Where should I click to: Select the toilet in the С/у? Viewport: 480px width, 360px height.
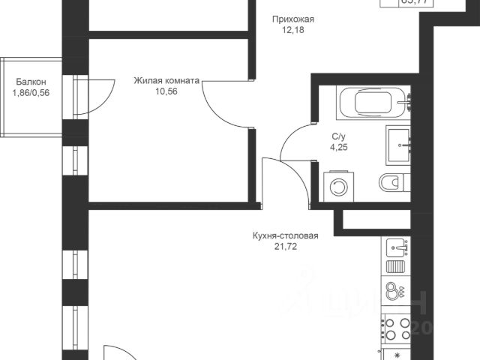click(x=392, y=182)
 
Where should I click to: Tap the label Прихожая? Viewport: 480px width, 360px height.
click(x=292, y=19)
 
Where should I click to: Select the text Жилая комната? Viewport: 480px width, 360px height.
click(x=166, y=81)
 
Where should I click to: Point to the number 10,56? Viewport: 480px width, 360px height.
click(x=166, y=92)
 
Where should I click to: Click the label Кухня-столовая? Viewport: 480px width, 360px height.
click(x=286, y=235)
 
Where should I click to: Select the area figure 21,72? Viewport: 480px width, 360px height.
click(x=286, y=247)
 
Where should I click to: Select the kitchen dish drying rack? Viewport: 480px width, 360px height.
click(x=395, y=266)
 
